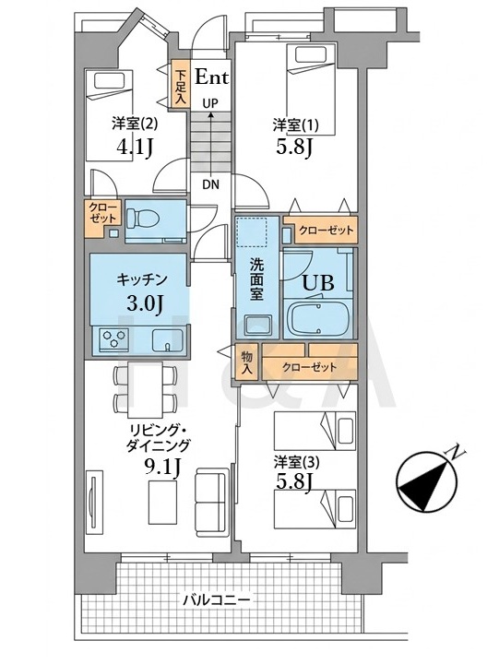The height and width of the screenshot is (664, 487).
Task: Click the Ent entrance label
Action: tap(211, 77)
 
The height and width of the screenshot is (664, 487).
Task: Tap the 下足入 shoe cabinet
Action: tap(181, 85)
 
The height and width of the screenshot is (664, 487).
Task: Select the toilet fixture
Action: tap(142, 219)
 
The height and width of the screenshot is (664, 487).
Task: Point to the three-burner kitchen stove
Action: tap(113, 338)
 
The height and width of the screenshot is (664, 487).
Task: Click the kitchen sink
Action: tap(167, 340)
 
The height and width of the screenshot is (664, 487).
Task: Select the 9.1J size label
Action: tap(163, 468)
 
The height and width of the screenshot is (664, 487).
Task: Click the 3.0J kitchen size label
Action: tap(145, 303)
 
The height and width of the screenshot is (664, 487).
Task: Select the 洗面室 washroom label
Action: tap(256, 279)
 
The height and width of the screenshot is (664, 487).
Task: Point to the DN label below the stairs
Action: tap(210, 184)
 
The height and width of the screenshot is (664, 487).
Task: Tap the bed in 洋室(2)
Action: tap(110, 114)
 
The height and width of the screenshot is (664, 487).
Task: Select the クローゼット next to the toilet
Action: tap(103, 218)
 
